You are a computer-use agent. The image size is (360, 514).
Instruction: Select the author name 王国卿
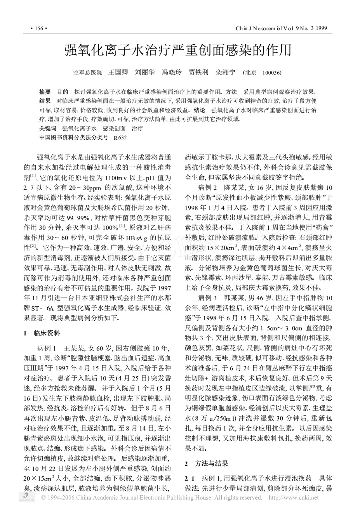[x=118, y=72]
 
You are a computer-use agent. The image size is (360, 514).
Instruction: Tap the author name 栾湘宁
[x=226, y=72]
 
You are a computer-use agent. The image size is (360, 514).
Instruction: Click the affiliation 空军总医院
[x=88, y=73]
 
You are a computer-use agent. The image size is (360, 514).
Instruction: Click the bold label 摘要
[x=45, y=92]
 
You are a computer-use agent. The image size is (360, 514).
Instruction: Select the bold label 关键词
[x=48, y=128]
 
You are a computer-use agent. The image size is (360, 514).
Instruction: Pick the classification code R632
[x=120, y=137]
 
